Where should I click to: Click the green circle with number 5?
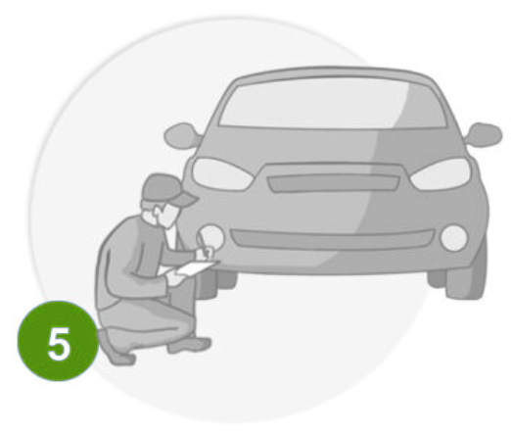58,341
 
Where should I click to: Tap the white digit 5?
59,344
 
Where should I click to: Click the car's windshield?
333,104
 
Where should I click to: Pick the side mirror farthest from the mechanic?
484,134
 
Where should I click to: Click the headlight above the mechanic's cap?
222,174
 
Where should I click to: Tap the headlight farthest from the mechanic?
441,173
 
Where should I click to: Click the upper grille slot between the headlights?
333,183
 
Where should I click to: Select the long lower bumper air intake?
332,239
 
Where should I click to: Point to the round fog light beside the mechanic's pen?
212,236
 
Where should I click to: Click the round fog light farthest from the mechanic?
454,238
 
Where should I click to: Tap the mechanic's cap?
167,190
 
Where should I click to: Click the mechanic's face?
169,215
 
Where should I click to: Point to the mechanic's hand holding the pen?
207,253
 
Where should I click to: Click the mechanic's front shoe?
189,345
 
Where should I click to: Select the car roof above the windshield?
336,73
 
